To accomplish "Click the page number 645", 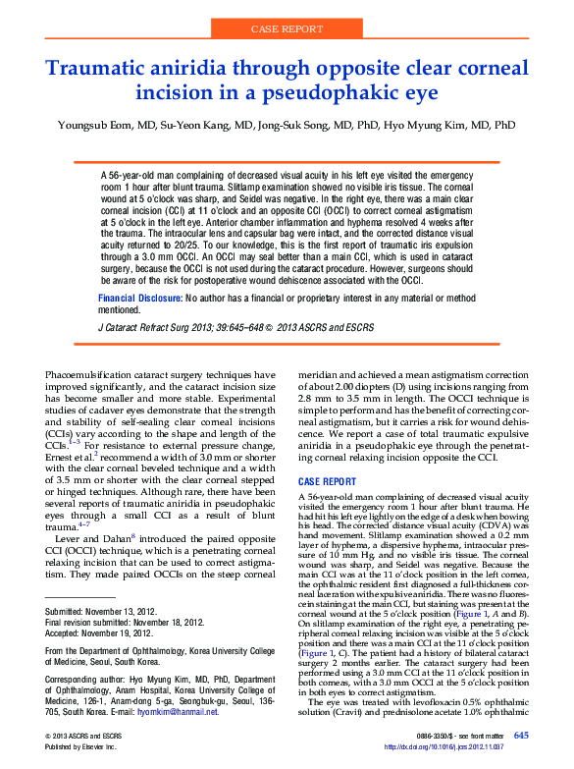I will (x=521, y=736).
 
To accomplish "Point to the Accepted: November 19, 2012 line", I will (x=95, y=633).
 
